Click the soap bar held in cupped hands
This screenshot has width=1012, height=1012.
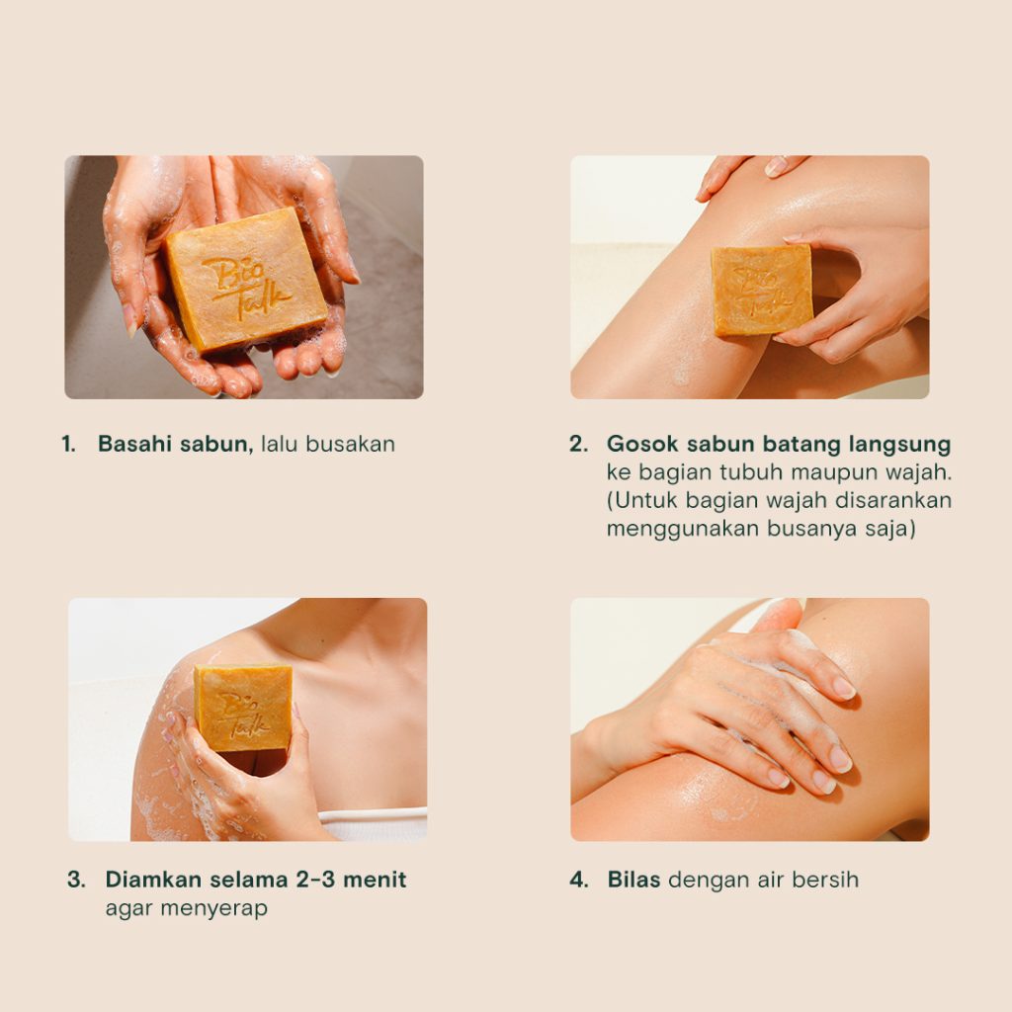246,280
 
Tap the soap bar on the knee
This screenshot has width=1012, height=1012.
762,291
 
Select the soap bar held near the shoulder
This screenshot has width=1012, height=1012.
243,708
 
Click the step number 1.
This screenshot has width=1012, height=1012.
68,444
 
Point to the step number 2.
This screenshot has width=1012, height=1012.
579,444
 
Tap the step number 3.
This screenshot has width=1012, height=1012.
76,880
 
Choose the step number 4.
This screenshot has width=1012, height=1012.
579,880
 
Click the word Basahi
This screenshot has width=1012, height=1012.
134,444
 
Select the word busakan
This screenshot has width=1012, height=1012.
351,444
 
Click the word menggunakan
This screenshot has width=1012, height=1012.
683,530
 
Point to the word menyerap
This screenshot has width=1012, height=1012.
213,909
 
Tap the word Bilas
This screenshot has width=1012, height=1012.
633,880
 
